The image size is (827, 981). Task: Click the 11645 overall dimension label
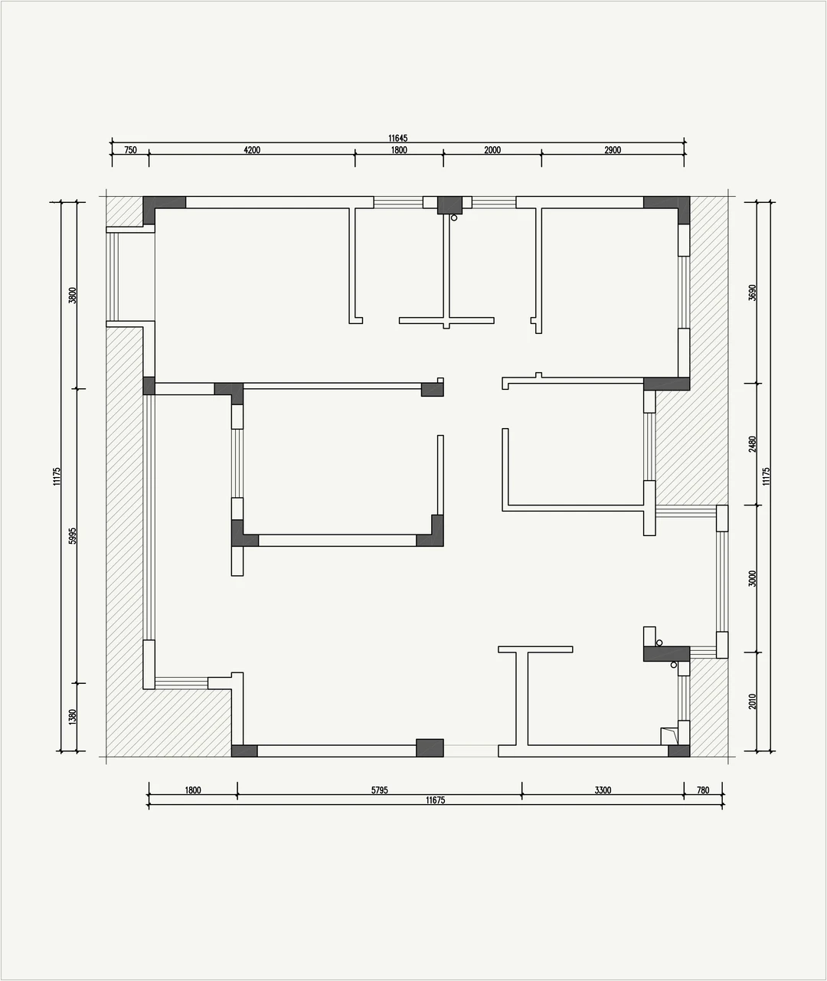397,138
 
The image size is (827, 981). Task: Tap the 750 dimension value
130,150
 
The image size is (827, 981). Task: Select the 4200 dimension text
252,150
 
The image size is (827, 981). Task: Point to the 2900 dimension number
613,150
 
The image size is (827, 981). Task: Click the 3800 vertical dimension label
72,295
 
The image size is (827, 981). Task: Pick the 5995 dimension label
72,535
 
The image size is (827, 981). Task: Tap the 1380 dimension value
72,717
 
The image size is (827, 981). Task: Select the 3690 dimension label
752,293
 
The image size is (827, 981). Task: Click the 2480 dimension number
752,444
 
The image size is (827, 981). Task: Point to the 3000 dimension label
752,578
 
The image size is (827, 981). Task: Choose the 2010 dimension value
752,701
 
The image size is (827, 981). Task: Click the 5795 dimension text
380,790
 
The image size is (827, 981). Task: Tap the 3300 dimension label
603,790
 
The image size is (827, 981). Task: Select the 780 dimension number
703,790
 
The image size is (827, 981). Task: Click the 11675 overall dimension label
436,800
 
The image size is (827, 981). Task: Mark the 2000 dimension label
492,150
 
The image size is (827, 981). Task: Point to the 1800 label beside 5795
193,790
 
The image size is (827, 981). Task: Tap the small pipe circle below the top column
454,218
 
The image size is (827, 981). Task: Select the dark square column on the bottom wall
430,748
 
